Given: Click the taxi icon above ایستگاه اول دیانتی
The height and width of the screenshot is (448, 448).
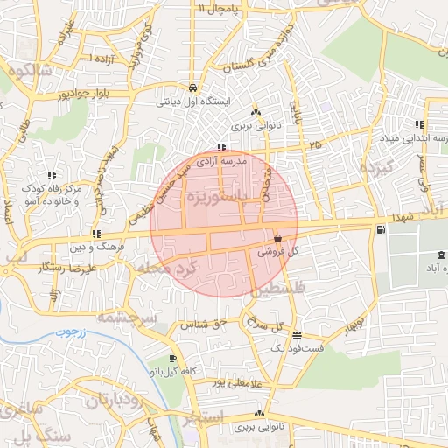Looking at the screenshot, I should pyautogui.click(x=192, y=87).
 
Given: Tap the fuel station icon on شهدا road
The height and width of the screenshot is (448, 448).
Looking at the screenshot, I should pyautogui.click(x=379, y=230).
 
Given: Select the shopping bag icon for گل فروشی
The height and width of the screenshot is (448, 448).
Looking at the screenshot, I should pyautogui.click(x=277, y=238).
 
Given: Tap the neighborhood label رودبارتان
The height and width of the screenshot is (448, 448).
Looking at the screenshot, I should pyautogui.click(x=121, y=401).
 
